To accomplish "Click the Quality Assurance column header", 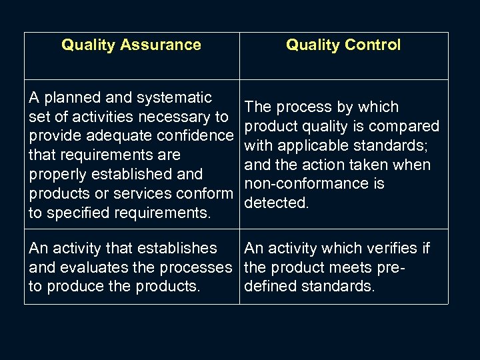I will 131,45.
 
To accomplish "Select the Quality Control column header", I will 343,45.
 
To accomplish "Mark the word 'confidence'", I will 199,136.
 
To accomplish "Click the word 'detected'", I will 275,203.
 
